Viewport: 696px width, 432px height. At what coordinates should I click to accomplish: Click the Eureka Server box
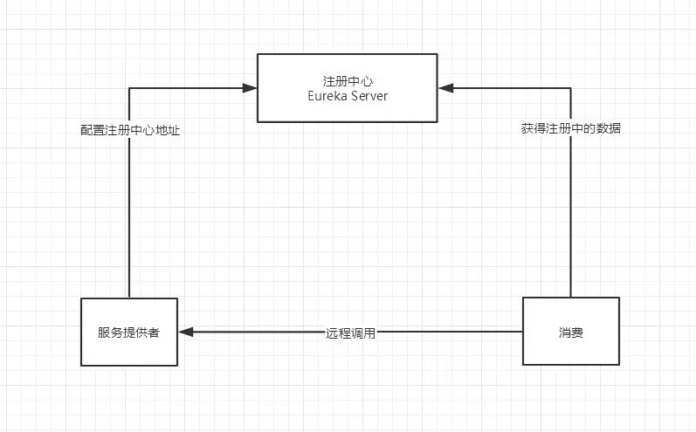tap(347, 87)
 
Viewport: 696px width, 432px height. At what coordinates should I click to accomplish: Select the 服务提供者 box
tap(128, 332)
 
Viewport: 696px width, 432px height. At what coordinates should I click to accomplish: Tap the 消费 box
tap(570, 331)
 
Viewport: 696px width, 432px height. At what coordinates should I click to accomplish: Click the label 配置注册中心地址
tap(130, 129)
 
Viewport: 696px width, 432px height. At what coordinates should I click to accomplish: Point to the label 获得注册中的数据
tap(571, 128)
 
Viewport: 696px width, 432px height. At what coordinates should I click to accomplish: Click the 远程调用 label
tap(351, 333)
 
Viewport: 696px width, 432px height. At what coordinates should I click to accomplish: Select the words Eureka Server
tap(348, 96)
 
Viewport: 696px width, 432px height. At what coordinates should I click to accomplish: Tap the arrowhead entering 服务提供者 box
tap(185, 332)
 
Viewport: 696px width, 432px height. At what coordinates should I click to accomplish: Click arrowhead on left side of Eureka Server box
tap(251, 87)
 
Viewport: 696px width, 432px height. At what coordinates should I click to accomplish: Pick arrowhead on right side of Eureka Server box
tap(445, 87)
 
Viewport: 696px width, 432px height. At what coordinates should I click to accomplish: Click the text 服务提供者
tap(128, 333)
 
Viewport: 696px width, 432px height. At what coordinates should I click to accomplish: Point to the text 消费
tap(570, 332)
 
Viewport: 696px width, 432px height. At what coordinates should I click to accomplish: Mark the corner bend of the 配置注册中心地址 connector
tap(129, 87)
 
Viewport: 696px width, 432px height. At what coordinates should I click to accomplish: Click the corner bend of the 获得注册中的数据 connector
tap(570, 87)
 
